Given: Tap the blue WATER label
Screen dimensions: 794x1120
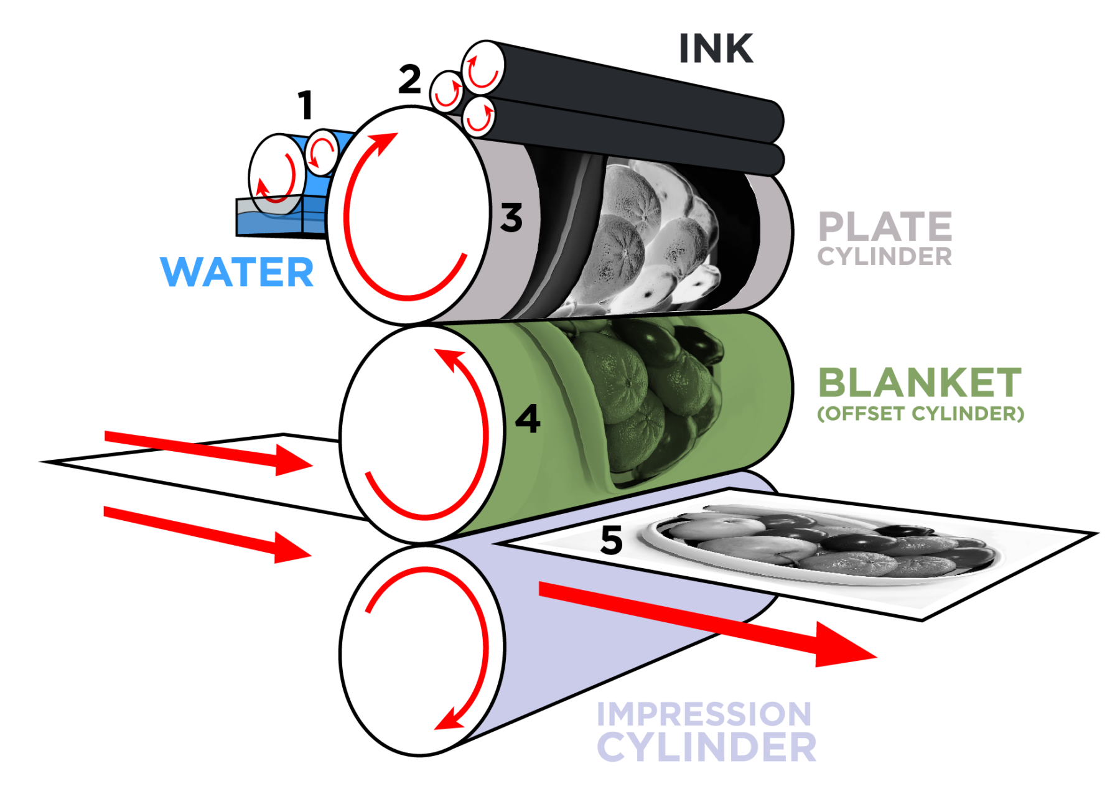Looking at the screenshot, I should pos(237,273).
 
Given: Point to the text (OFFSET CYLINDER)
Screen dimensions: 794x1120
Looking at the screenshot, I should pos(920,414).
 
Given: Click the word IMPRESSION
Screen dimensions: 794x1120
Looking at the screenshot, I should pos(704,714).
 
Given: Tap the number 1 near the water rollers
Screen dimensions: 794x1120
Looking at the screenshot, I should pos(305,105).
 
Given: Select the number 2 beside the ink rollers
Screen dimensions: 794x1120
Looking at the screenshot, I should pos(409,80).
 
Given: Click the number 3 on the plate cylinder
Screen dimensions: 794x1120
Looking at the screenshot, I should pos(511,218).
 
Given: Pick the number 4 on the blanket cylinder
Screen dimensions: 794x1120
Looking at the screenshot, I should pos(528,419).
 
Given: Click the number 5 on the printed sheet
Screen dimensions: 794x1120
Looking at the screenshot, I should pos(611,540).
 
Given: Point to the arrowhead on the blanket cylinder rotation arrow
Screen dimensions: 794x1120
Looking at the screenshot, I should pos(449,358).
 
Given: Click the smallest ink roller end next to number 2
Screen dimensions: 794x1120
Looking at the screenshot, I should pos(447,91).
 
